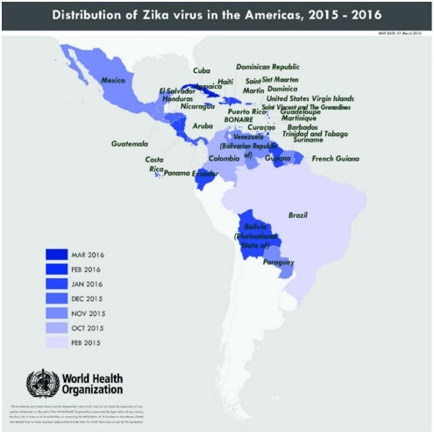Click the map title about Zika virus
pos(217,15)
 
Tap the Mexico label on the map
pos(117,80)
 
